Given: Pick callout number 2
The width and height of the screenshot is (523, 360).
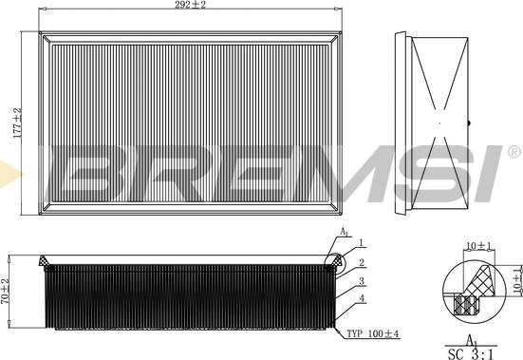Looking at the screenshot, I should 361,263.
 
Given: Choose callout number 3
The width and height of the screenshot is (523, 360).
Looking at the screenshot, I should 363,280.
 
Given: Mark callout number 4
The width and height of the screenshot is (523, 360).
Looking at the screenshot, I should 363,301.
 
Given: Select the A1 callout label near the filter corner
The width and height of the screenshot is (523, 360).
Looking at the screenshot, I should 344,233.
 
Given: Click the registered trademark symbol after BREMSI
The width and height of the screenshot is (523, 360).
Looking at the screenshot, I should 514,152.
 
